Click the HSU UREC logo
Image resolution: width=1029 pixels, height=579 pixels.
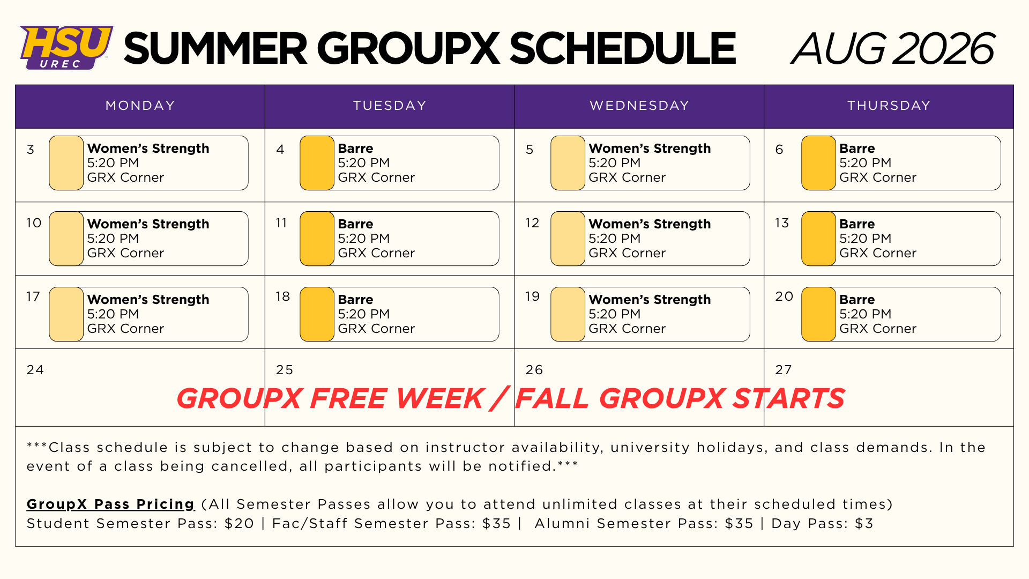point(66,47)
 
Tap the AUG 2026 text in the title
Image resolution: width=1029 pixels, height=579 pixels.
point(893,48)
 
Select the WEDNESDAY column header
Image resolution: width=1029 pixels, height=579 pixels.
point(639,106)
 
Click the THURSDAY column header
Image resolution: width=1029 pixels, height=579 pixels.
point(889,106)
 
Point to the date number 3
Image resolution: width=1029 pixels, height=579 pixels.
point(31,150)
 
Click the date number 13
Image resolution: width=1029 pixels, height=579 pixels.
point(782,223)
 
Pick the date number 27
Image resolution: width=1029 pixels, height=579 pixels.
point(784,370)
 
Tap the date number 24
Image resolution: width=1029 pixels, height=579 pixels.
point(35,370)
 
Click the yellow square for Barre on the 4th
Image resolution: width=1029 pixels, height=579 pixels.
point(317,163)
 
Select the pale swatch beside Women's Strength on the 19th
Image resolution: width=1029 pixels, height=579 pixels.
point(568,314)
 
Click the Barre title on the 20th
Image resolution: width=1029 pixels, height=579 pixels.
point(857,300)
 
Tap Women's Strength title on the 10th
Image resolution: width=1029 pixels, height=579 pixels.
point(148,224)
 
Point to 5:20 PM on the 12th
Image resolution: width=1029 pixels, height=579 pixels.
point(615,239)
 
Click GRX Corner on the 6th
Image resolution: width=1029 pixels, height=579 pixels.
point(878,177)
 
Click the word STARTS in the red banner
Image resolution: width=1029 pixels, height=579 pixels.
point(789,398)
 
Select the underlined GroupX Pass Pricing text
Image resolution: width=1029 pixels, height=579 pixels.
point(111,504)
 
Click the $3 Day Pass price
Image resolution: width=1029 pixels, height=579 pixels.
point(864,523)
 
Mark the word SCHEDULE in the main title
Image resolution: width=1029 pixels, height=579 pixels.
point(623,48)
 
